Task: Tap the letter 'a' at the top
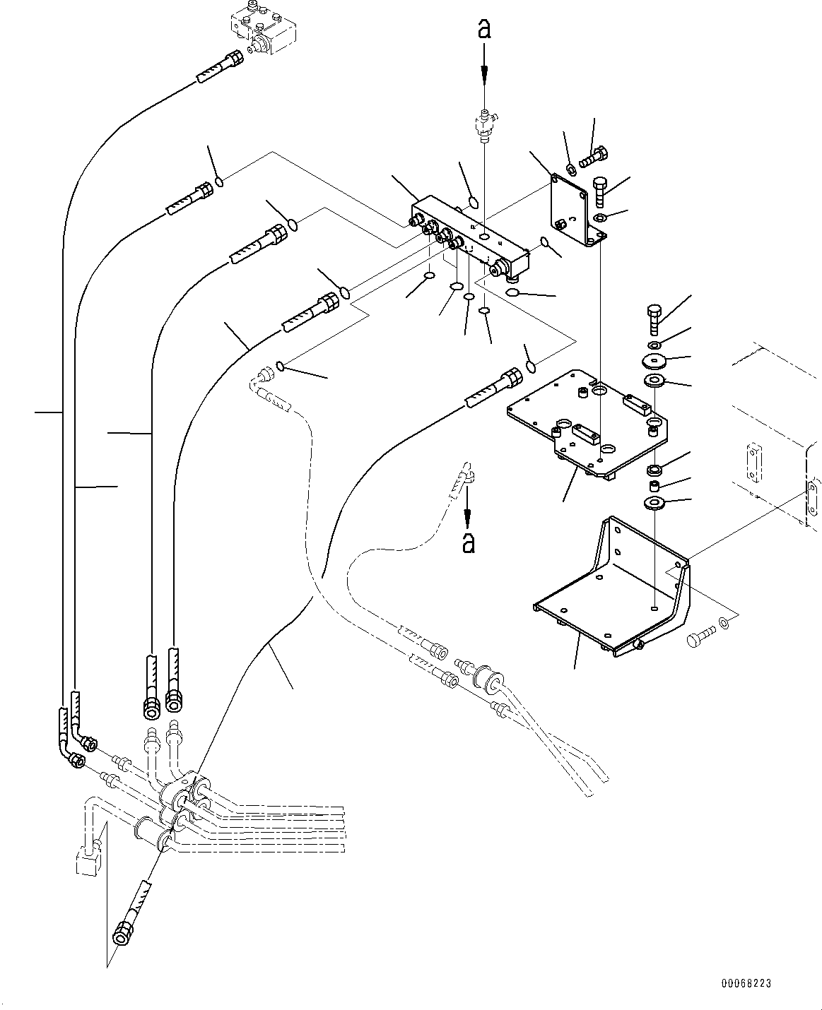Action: tap(484, 29)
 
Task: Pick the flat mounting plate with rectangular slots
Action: tap(587, 424)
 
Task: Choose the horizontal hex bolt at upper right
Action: tap(593, 156)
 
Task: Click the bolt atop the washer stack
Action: tap(654, 320)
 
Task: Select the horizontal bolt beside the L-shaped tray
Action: tap(697, 639)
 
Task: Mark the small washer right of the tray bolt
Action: tap(724, 622)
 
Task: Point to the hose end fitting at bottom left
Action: tap(124, 931)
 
